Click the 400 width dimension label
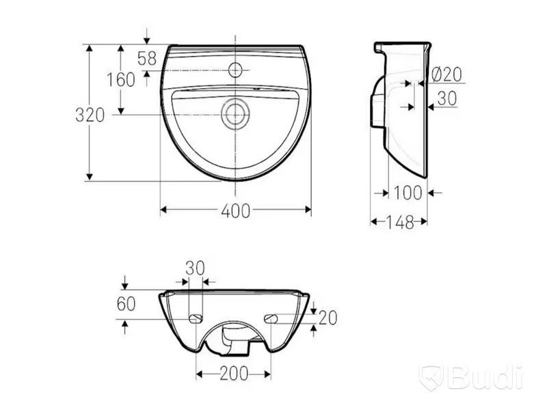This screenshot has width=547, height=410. pyautogui.click(x=236, y=210)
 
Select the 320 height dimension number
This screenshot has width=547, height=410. pyautogui.click(x=90, y=115)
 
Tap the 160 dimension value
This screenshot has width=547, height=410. pyautogui.click(x=121, y=80)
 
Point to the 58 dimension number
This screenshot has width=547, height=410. pyautogui.click(x=147, y=58)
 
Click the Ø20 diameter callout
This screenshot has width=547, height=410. pyautogui.click(x=447, y=74)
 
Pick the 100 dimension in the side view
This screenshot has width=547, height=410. pyautogui.click(x=408, y=193)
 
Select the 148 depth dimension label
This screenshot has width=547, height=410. pyautogui.click(x=399, y=222)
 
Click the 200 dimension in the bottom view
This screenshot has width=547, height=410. pyautogui.click(x=234, y=374)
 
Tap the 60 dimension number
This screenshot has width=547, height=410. pyautogui.click(x=126, y=303)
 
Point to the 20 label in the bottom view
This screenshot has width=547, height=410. pyautogui.click(x=328, y=318)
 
